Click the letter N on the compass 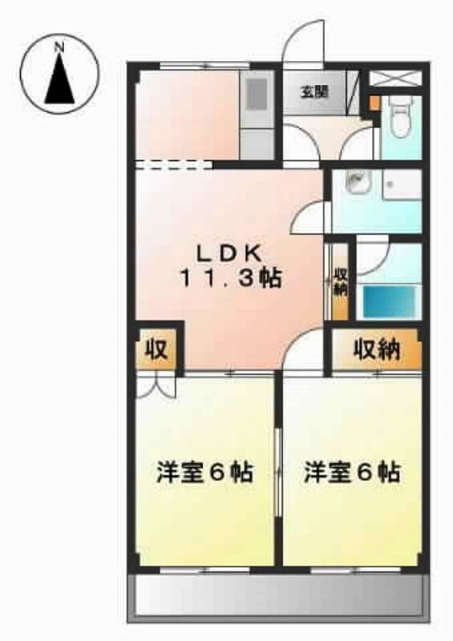point(59,47)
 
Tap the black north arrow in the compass point(59,81)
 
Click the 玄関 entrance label point(314,91)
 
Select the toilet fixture point(399,118)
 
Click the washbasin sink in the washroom point(354,183)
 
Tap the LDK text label point(229,253)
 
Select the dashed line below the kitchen point(173,166)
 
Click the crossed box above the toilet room point(394,79)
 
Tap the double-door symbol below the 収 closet point(153,387)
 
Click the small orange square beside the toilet point(374,103)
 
